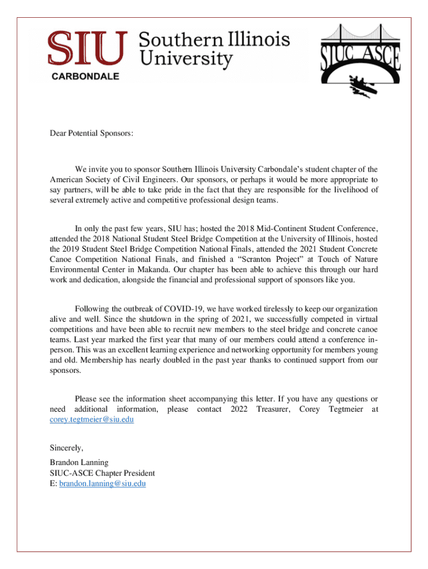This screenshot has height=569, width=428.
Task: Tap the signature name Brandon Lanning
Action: pyautogui.click(x=79, y=462)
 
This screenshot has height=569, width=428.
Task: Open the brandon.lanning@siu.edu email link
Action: pyautogui.click(x=102, y=483)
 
